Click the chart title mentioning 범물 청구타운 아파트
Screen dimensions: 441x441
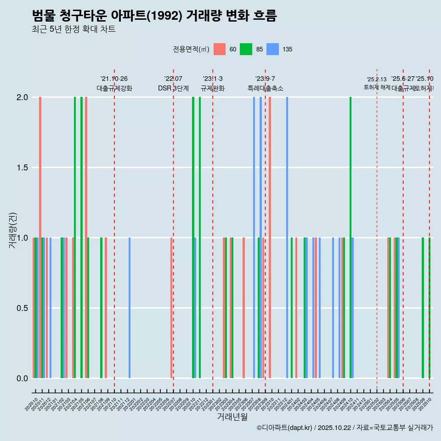pyautogui.click(x=154, y=16)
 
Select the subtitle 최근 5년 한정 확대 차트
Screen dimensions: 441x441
pyautogui.click(x=73, y=29)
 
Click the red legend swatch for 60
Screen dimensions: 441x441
pyautogui.click(x=220, y=49)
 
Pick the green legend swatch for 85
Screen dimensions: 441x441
pyautogui.click(x=246, y=49)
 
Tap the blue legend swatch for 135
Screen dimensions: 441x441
pyautogui.click(x=273, y=49)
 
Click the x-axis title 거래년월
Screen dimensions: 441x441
pyautogui.click(x=232, y=417)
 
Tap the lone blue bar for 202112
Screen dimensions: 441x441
pyautogui.click(x=130, y=308)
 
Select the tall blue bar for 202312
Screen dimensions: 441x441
pyautogui.click(x=287, y=237)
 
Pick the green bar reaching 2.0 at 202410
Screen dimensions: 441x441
pyautogui.click(x=351, y=237)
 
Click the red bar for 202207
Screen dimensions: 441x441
pyautogui.click(x=171, y=308)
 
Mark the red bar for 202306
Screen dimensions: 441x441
pyautogui.click(x=243, y=308)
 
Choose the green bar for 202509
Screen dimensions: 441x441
pyautogui.click(x=423, y=308)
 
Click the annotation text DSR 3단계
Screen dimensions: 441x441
pyautogui.click(x=173, y=88)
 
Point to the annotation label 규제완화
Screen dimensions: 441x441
pyautogui.click(x=213, y=88)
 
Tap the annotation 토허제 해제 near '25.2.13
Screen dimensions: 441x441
pyautogui.click(x=377, y=87)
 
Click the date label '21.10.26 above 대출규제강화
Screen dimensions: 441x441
pyautogui.click(x=114, y=79)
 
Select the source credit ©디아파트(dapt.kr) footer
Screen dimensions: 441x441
pyautogui.click(x=345, y=428)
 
